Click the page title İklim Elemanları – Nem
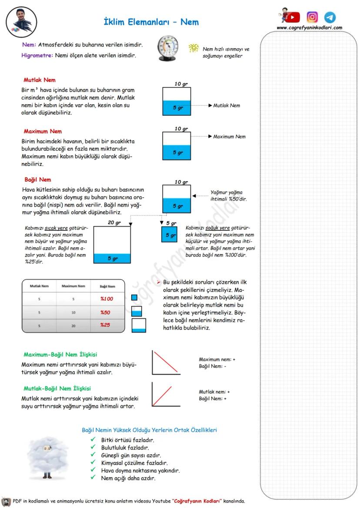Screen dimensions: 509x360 151,22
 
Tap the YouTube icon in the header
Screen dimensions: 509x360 293,17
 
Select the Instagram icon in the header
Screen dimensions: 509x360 312,17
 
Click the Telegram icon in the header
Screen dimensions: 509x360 330,17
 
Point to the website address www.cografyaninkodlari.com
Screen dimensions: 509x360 309,28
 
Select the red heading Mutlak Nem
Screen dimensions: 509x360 40,80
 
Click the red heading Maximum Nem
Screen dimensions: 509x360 43,131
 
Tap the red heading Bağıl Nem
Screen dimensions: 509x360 37,180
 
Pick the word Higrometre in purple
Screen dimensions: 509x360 37,55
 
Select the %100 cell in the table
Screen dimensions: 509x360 107,299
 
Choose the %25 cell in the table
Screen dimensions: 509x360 105,325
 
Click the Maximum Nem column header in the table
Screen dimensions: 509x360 73,286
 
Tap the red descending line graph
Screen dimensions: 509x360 166,363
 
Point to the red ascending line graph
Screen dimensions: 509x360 166,394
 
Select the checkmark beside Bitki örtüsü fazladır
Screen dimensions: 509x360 93,440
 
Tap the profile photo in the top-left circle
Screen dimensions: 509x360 21,21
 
